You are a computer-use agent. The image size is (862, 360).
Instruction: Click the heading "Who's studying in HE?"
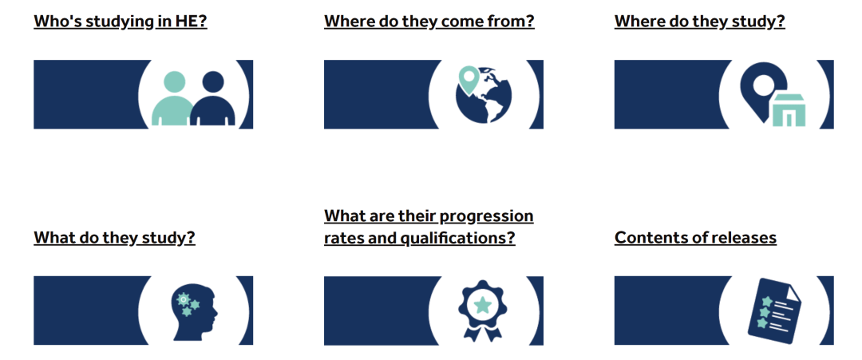[x=121, y=22]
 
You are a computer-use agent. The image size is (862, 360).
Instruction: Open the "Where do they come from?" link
[x=429, y=22]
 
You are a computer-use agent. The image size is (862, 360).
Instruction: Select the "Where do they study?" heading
[x=700, y=22]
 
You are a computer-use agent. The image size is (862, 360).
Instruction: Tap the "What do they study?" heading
[x=114, y=237]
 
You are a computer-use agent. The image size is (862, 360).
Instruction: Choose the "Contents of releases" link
[x=695, y=237]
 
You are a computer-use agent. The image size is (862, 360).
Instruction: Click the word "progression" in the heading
[x=487, y=216]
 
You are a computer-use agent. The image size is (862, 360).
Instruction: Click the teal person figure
[x=172, y=99]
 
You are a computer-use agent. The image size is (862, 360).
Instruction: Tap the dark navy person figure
[x=213, y=99]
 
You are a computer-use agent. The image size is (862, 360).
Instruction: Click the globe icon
[x=484, y=95]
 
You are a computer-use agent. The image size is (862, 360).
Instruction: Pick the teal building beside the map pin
[x=789, y=110]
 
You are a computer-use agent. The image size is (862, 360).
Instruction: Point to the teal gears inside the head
[x=188, y=304]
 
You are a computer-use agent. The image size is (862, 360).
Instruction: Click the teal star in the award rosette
[x=482, y=304]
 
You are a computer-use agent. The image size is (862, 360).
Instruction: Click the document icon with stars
[x=774, y=311]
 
